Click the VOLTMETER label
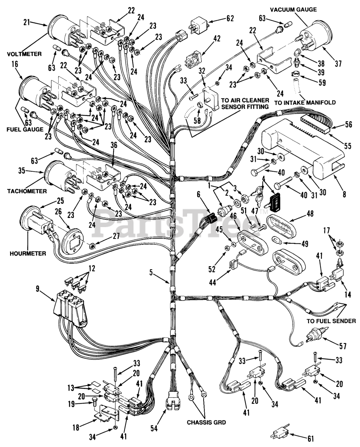[x=24, y=54]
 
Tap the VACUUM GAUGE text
[x=293, y=9]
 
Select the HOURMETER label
[x=28, y=254]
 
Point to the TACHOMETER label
[x=27, y=191]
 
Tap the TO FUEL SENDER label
[x=331, y=321]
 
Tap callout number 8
[x=344, y=195]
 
